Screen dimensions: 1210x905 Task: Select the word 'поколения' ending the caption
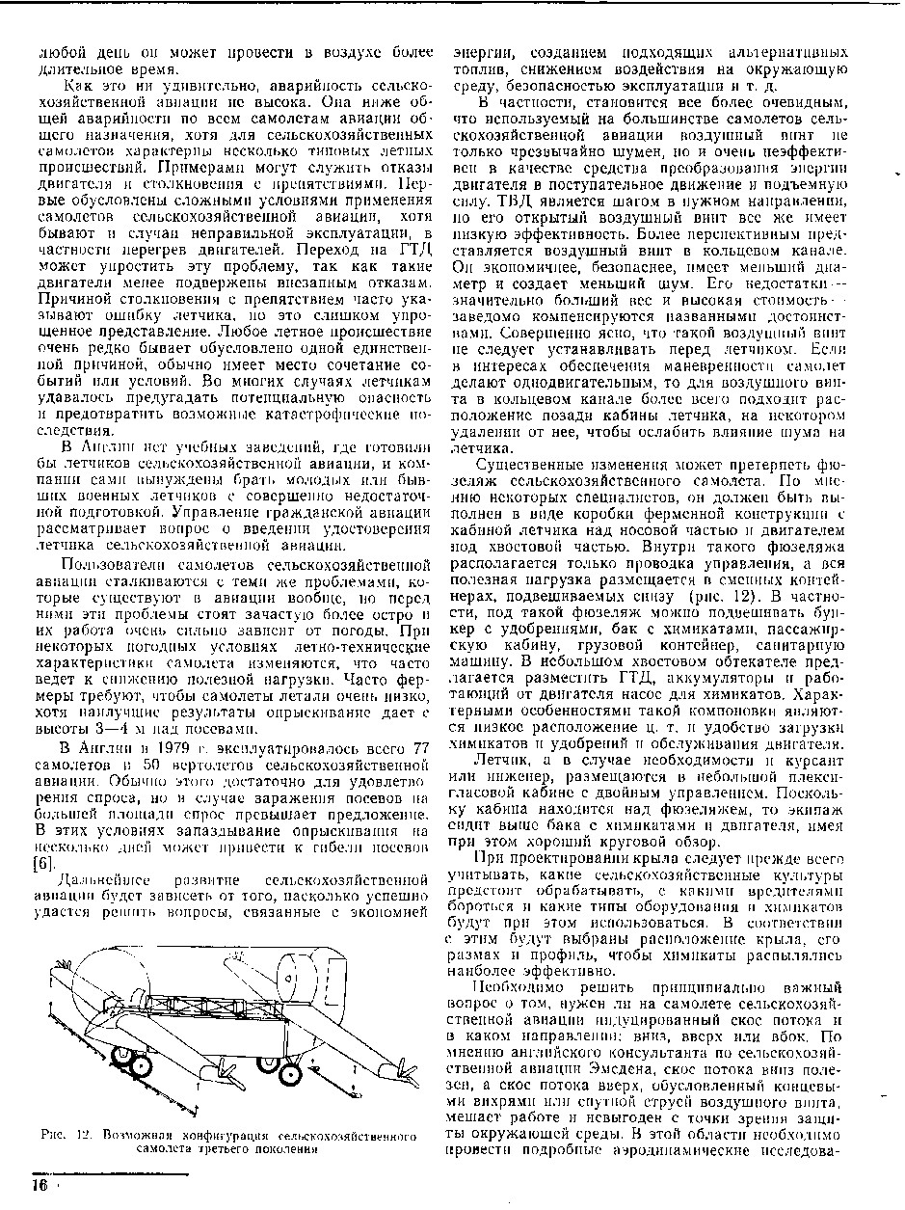(x=286, y=1149)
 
